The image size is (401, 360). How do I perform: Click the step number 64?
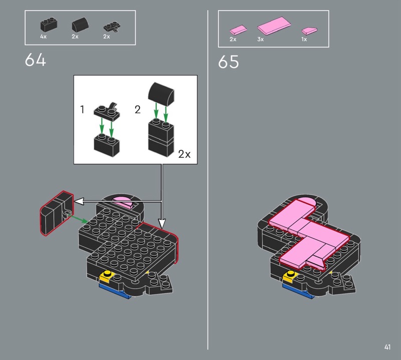click(35, 60)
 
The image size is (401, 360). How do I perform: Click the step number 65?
click(229, 62)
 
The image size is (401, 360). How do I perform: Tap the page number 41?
click(387, 347)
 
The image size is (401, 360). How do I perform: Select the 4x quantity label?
click(43, 37)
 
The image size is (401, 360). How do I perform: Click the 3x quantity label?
click(260, 40)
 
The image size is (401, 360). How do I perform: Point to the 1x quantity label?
click(304, 40)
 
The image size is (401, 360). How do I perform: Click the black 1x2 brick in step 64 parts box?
click(49, 25)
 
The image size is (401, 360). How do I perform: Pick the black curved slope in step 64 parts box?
click(80, 24)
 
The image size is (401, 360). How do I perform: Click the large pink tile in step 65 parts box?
click(274, 26)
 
